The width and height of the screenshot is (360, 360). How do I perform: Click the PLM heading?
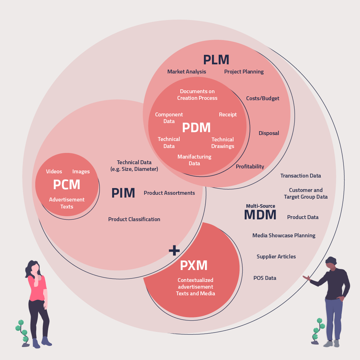(x=216, y=60)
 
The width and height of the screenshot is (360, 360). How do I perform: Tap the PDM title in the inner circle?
(x=196, y=128)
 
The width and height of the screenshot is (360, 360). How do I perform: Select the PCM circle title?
(x=66, y=185)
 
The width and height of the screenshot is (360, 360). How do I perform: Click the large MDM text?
(x=260, y=215)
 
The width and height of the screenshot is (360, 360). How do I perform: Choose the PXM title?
(x=194, y=265)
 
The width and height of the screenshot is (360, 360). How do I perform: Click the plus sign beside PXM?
(x=174, y=250)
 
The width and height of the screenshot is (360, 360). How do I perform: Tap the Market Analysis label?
(x=187, y=72)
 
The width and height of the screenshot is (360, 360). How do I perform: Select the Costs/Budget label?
(x=263, y=98)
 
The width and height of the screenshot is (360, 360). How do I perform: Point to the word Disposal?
(x=269, y=133)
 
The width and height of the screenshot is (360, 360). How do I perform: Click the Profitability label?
(x=250, y=167)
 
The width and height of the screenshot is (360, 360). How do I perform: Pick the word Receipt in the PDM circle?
(x=228, y=115)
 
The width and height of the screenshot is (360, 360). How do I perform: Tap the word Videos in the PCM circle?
(x=54, y=172)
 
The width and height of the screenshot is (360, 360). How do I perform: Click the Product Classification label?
(x=134, y=219)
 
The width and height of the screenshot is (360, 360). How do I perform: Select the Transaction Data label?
(x=301, y=176)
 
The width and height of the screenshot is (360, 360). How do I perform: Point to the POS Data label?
(x=265, y=278)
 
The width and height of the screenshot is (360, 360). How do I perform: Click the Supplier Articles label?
(x=276, y=257)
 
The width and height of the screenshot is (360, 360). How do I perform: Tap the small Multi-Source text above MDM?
(x=261, y=206)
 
